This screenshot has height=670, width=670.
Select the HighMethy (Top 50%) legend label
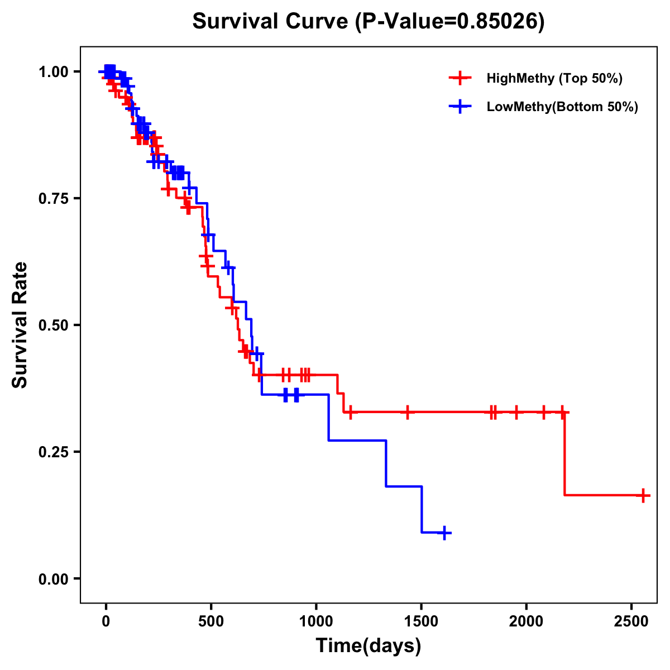coord(554,78)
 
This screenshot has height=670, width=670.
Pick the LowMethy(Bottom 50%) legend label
coord(562,107)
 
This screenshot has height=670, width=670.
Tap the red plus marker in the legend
coord(459,78)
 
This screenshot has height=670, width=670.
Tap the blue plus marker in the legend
coord(459,107)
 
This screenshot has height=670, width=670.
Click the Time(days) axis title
coord(368,646)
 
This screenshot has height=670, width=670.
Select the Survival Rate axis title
coord(20,325)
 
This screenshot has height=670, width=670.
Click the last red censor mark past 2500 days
coord(643,495)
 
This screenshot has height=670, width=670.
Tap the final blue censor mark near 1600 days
coord(444,533)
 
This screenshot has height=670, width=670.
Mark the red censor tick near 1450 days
coord(408,412)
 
